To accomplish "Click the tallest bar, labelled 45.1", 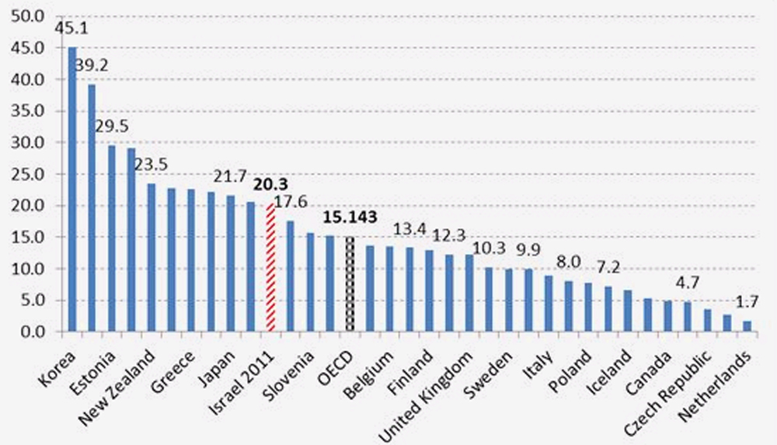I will pyautogui.click(x=72, y=189).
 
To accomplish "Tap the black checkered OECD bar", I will pyautogui.click(x=350, y=284).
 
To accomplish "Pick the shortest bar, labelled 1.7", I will pyautogui.click(x=747, y=326).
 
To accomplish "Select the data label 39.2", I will pyautogui.click(x=92, y=68).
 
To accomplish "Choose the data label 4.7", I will pyautogui.click(x=686, y=283).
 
